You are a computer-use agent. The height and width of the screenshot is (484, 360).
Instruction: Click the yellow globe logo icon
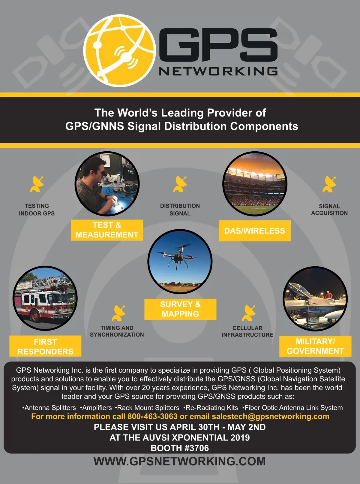(x=119, y=50)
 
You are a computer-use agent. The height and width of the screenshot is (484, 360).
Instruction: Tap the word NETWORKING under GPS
(x=218, y=71)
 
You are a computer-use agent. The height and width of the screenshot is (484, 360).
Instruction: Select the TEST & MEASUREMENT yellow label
(x=107, y=230)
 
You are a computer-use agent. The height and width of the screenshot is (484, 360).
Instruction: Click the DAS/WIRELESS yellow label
(x=254, y=231)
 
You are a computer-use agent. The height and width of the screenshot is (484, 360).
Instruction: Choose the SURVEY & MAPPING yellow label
(x=180, y=309)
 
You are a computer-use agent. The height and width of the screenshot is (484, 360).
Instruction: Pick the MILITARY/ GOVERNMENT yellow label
(x=315, y=346)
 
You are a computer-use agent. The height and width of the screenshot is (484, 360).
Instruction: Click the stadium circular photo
(x=255, y=184)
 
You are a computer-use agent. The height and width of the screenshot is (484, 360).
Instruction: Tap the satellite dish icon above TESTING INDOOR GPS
(x=37, y=184)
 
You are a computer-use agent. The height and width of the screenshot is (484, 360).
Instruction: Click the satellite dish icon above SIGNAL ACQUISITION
(x=329, y=184)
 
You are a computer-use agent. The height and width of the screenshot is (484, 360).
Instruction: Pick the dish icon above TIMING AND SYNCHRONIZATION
(x=118, y=313)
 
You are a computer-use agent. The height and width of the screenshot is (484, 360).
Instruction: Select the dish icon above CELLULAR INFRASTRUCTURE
(x=249, y=313)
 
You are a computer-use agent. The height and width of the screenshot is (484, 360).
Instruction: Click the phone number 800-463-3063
(x=152, y=416)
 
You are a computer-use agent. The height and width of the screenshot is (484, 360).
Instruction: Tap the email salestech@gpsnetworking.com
(x=270, y=416)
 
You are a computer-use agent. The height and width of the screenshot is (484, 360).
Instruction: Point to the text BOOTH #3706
(x=180, y=448)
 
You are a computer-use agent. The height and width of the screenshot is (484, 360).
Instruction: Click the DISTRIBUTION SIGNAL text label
(x=180, y=210)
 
